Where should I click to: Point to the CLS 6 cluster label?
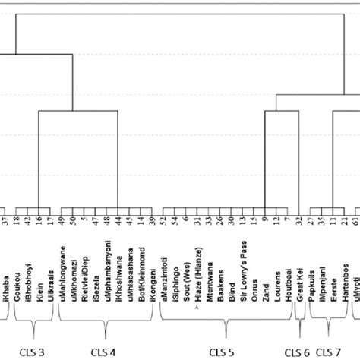point(297,352)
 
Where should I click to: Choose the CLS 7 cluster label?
point(328,352)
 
